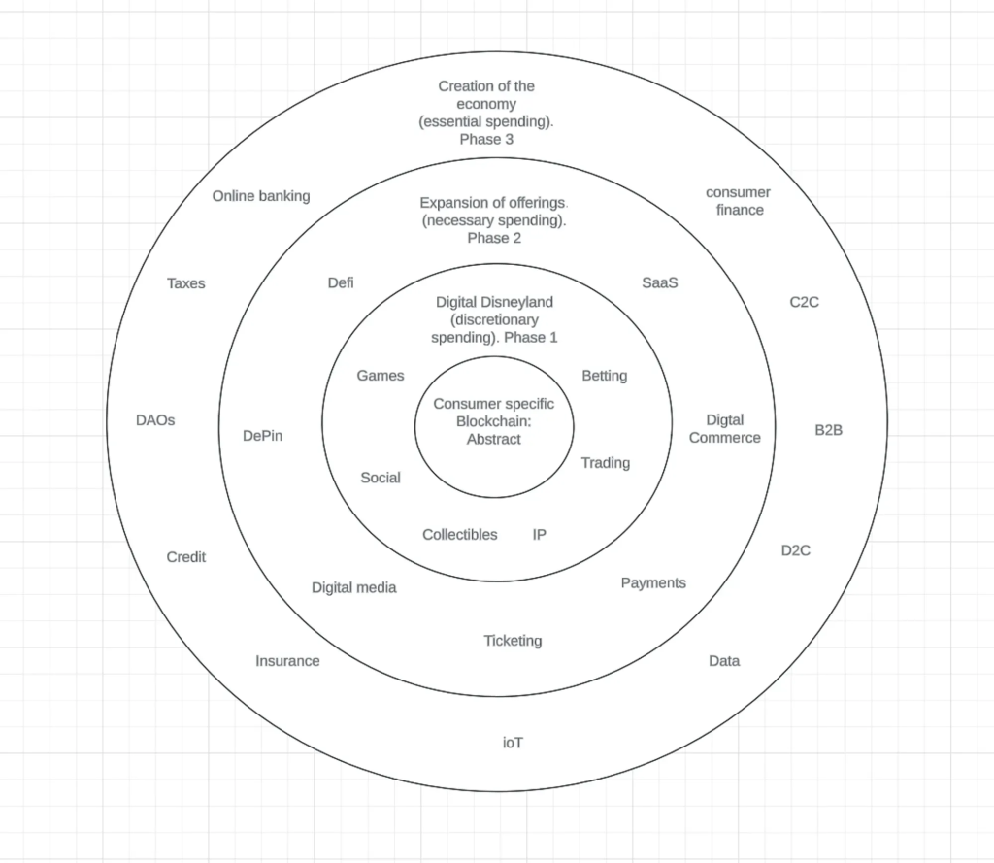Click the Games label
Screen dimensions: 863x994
pyautogui.click(x=381, y=376)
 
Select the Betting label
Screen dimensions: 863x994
pyautogui.click(x=604, y=376)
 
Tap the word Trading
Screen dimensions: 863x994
pyautogui.click(x=605, y=463)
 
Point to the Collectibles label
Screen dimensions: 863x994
pyautogui.click(x=460, y=535)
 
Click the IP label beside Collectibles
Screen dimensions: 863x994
pyautogui.click(x=540, y=535)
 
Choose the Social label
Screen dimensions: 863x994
pyautogui.click(x=381, y=478)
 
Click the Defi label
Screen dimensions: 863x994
pyautogui.click(x=341, y=283)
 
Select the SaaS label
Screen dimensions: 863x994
pyautogui.click(x=659, y=283)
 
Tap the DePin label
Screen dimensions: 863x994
pyautogui.click(x=263, y=436)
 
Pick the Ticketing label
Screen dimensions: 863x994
pyautogui.click(x=513, y=641)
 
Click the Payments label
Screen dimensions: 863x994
pyautogui.click(x=653, y=583)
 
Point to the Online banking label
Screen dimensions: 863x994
pyautogui.click(x=261, y=196)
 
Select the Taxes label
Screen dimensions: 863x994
pyautogui.click(x=186, y=283)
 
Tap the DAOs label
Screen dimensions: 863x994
pyautogui.click(x=155, y=421)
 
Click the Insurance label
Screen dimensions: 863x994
pyautogui.click(x=287, y=661)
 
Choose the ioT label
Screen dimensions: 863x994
pyautogui.click(x=513, y=743)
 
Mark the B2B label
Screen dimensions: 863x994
pyautogui.click(x=828, y=429)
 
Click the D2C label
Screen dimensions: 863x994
pyautogui.click(x=796, y=550)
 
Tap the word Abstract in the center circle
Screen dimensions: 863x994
pyautogui.click(x=493, y=440)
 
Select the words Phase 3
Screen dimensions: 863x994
pyautogui.click(x=487, y=139)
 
